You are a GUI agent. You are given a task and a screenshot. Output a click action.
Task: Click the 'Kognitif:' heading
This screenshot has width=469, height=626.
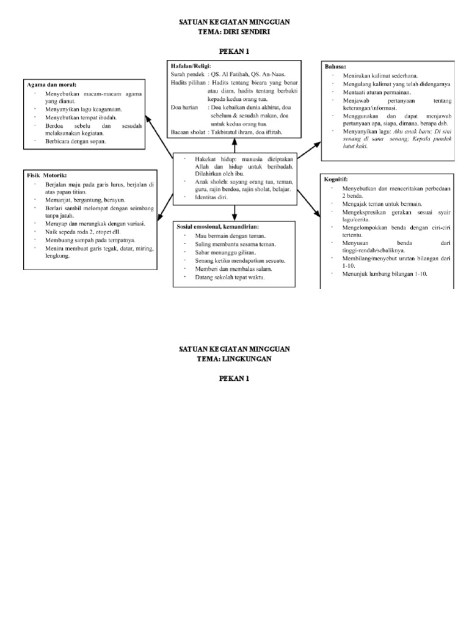(x=336, y=179)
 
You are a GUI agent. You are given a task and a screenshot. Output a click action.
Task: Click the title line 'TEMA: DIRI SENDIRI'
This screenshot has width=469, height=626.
(x=234, y=32)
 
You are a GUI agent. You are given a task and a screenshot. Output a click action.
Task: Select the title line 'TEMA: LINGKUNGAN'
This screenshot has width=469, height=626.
(x=234, y=359)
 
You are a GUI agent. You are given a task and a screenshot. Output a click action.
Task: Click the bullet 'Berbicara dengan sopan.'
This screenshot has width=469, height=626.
(x=75, y=141)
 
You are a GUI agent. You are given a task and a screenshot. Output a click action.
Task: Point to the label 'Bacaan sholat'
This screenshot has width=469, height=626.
(x=188, y=131)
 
